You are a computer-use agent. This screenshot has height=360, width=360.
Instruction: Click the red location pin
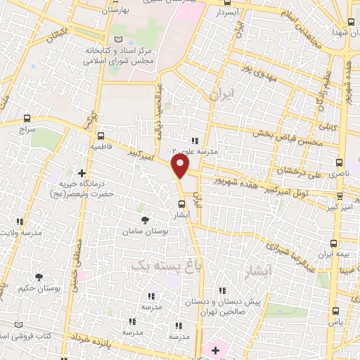181,167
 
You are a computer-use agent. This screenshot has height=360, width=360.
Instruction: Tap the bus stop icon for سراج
27,118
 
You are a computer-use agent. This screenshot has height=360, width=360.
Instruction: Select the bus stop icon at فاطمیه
101,136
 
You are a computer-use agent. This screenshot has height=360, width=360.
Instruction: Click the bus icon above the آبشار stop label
181,206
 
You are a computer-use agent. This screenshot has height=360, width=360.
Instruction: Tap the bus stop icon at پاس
335,309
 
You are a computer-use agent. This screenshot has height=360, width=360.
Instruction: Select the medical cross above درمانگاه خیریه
82,172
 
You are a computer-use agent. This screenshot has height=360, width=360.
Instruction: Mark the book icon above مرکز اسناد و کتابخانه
118,39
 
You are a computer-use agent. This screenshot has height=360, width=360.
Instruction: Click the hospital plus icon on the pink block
215,349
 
